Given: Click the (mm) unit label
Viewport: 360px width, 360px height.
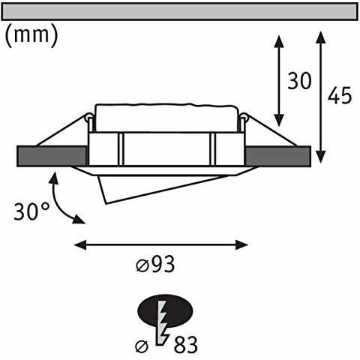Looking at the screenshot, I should (31, 36).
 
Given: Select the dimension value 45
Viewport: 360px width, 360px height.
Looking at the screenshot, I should (340, 96).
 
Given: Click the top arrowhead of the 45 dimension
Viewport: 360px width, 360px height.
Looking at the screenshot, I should (321, 35).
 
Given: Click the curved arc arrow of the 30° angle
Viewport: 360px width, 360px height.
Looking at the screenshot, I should (60, 199).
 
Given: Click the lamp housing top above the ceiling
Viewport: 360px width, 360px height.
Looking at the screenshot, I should (166, 115).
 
